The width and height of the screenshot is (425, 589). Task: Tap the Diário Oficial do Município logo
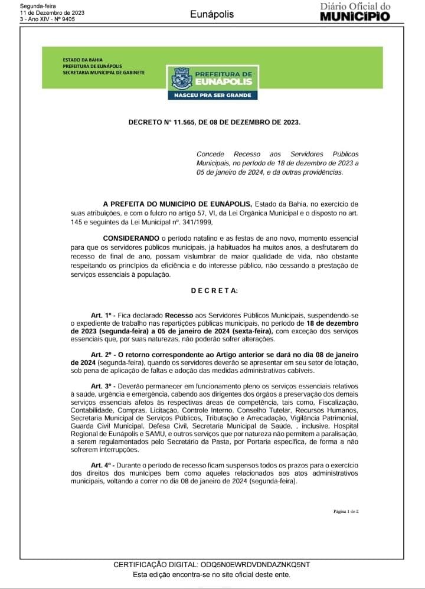[355, 11]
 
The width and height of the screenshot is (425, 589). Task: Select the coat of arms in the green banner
[180, 78]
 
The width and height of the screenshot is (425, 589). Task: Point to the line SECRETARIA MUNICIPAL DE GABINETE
[103, 73]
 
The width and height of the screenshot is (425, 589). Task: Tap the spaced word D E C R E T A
[215, 290]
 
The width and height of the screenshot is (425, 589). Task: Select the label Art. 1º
[96, 316]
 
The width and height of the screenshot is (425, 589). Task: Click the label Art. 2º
[96, 355]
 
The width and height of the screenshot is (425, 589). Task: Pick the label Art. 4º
[96, 466]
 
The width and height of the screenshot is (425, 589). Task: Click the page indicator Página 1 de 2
[346, 511]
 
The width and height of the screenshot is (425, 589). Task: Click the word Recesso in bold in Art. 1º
[178, 316]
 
